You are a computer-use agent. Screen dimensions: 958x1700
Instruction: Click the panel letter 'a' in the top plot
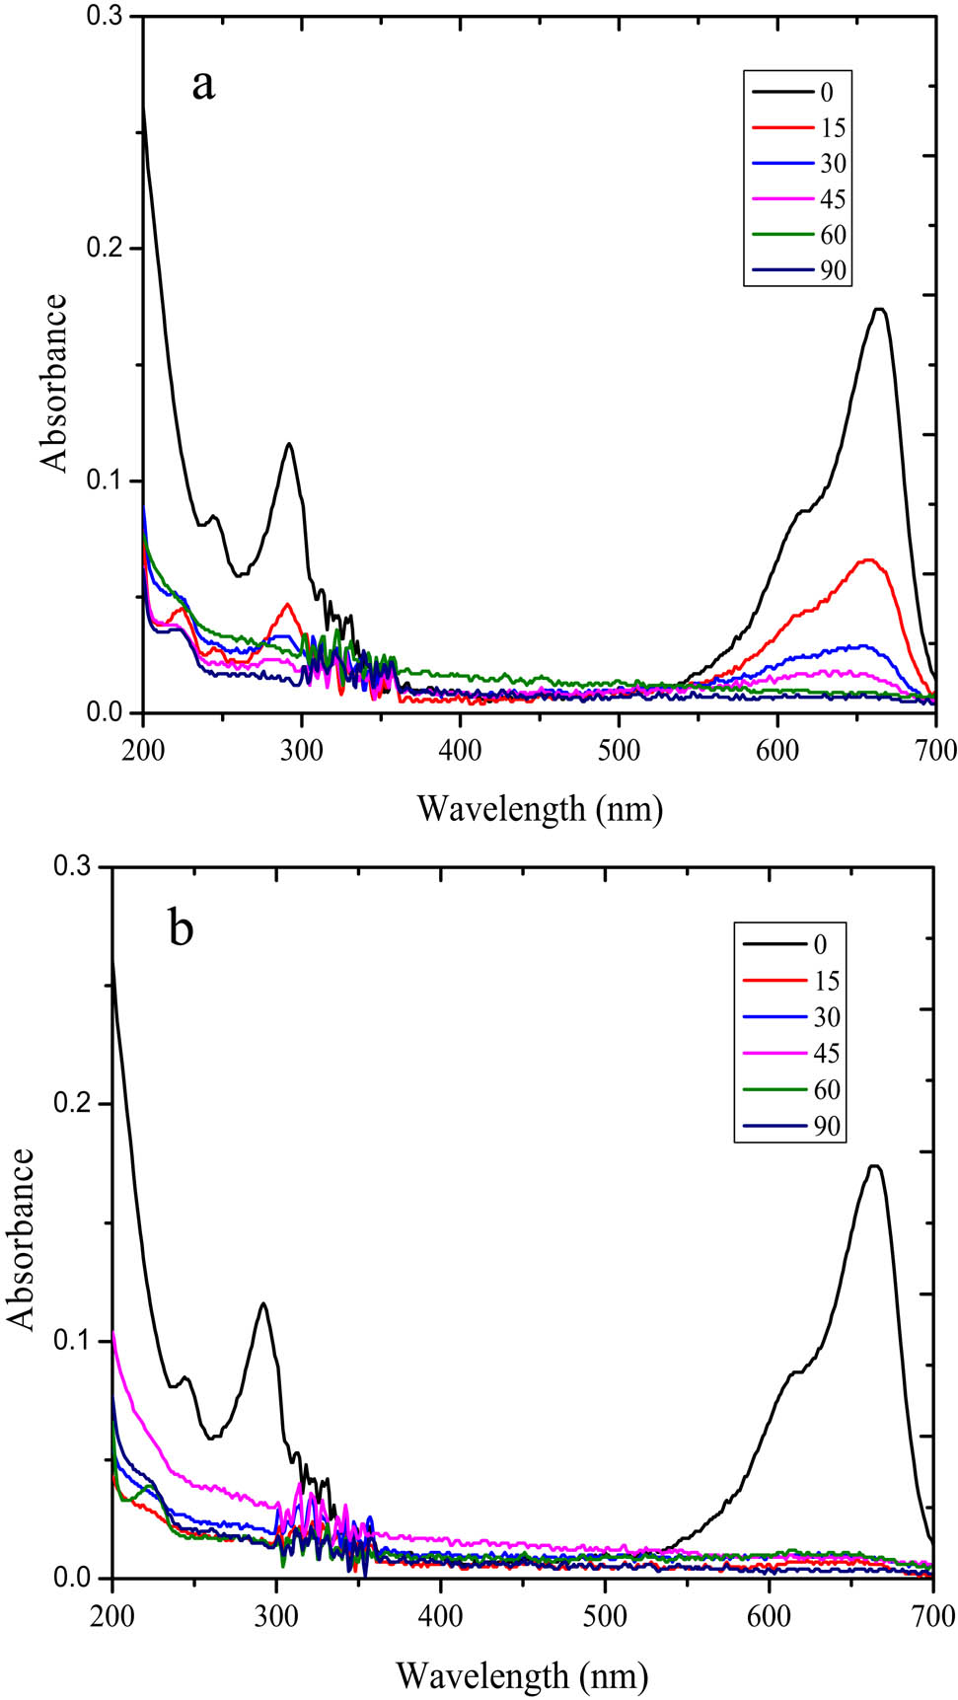coord(203,85)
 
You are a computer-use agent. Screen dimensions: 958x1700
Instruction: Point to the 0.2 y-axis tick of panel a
coord(111,248)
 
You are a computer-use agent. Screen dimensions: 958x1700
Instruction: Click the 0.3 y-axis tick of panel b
coord(80,866)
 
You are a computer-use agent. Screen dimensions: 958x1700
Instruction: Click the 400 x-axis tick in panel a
coord(460,751)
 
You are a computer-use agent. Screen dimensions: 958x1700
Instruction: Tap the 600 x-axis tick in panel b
coord(769,1615)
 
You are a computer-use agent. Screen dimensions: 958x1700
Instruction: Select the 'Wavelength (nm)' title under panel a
coord(540,809)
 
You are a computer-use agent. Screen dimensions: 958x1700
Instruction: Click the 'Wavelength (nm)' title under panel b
coord(522,1674)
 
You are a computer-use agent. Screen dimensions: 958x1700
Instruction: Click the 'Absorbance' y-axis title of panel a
coord(55,383)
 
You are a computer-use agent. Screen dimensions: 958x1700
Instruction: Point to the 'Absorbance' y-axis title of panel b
coord(22,1238)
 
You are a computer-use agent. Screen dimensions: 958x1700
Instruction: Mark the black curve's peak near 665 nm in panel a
coord(879,310)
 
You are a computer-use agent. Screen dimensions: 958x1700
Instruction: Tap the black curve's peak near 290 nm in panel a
coord(289,444)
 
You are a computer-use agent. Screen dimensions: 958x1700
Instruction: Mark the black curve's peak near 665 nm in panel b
coord(874,1166)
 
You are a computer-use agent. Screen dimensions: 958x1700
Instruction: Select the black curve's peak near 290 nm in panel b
coord(262,1303)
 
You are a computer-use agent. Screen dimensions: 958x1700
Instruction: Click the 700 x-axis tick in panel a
coord(935,751)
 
